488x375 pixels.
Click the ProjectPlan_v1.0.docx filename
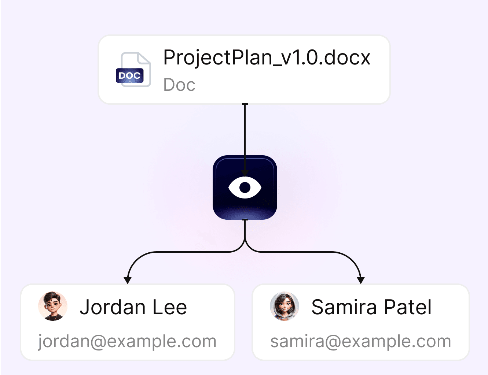coord(267,58)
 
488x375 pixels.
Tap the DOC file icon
coord(134,70)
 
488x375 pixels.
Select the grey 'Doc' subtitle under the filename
coord(179,85)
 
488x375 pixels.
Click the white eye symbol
coord(245,187)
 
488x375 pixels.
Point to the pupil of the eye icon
coord(245,187)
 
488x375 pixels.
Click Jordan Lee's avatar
coord(53,306)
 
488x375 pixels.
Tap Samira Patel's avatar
coord(285,306)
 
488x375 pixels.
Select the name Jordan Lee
coord(133,307)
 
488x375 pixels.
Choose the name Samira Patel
coord(371,307)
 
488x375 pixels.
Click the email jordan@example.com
coord(127,341)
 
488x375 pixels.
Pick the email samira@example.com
coord(360,341)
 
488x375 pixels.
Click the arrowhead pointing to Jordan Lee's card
coord(128,280)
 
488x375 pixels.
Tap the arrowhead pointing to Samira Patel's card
coord(361,280)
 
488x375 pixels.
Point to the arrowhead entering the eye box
coord(245,173)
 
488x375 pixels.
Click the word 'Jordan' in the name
coord(113,307)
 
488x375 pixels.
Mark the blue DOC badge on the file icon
coord(129,76)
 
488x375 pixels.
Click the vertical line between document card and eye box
coord(245,135)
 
